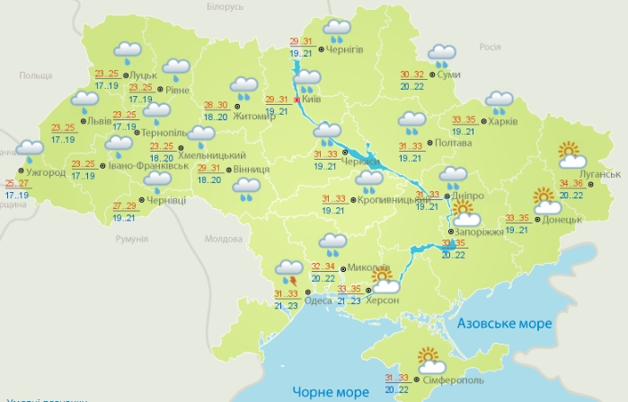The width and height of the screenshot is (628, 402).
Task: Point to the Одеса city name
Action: tap(319, 301)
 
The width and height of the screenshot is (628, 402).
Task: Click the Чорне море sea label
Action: tap(330, 391)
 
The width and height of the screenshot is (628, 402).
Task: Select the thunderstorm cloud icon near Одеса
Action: tap(289, 268)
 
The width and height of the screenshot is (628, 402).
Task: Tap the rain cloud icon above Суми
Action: tap(441, 56)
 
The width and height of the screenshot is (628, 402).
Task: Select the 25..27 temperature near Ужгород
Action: tap(16, 184)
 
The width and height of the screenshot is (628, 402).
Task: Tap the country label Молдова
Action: tap(224, 239)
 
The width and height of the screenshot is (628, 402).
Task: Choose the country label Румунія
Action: tap(131, 239)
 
